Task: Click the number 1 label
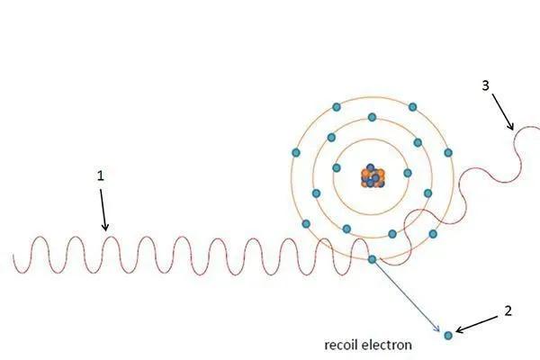click(101, 176)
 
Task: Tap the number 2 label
click(508, 311)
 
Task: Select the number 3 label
click(486, 86)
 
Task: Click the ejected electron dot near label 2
click(448, 336)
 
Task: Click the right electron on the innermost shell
click(407, 174)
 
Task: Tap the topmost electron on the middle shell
click(372, 117)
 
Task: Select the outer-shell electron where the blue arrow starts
click(373, 261)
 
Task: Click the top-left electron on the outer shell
click(336, 107)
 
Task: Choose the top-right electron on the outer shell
click(410, 107)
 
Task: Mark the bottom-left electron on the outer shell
click(307, 223)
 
